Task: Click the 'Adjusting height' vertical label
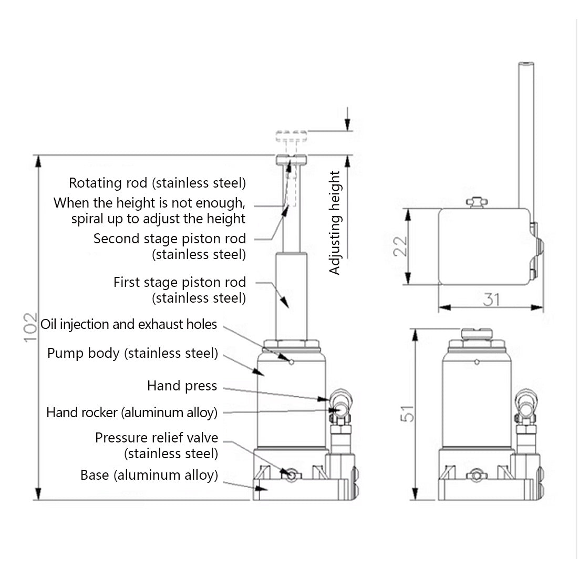335,223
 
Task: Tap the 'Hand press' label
182,386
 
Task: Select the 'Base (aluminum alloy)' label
149,476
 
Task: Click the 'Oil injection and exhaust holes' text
129,324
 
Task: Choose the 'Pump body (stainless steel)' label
132,353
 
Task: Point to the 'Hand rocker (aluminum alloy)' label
131,412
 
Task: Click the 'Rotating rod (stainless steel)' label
157,183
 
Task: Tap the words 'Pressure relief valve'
156,438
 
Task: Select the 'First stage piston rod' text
179,282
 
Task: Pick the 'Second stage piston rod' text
169,239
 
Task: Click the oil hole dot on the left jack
291,360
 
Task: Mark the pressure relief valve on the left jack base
289,474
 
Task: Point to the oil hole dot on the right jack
477,362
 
